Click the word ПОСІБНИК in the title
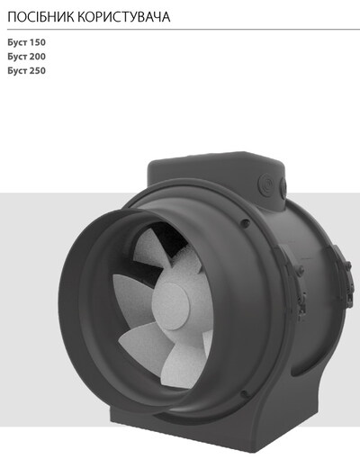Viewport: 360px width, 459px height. (40, 17)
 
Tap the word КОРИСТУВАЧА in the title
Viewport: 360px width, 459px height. (124, 17)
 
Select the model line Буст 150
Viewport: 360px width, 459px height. (27, 42)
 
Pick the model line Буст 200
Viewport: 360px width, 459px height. (27, 57)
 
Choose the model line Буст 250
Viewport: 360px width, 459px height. (27, 70)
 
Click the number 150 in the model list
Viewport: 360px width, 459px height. (38, 42)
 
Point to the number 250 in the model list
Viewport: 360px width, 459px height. (38, 70)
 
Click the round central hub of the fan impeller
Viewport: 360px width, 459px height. (170, 306)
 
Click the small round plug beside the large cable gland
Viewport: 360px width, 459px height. (283, 185)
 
